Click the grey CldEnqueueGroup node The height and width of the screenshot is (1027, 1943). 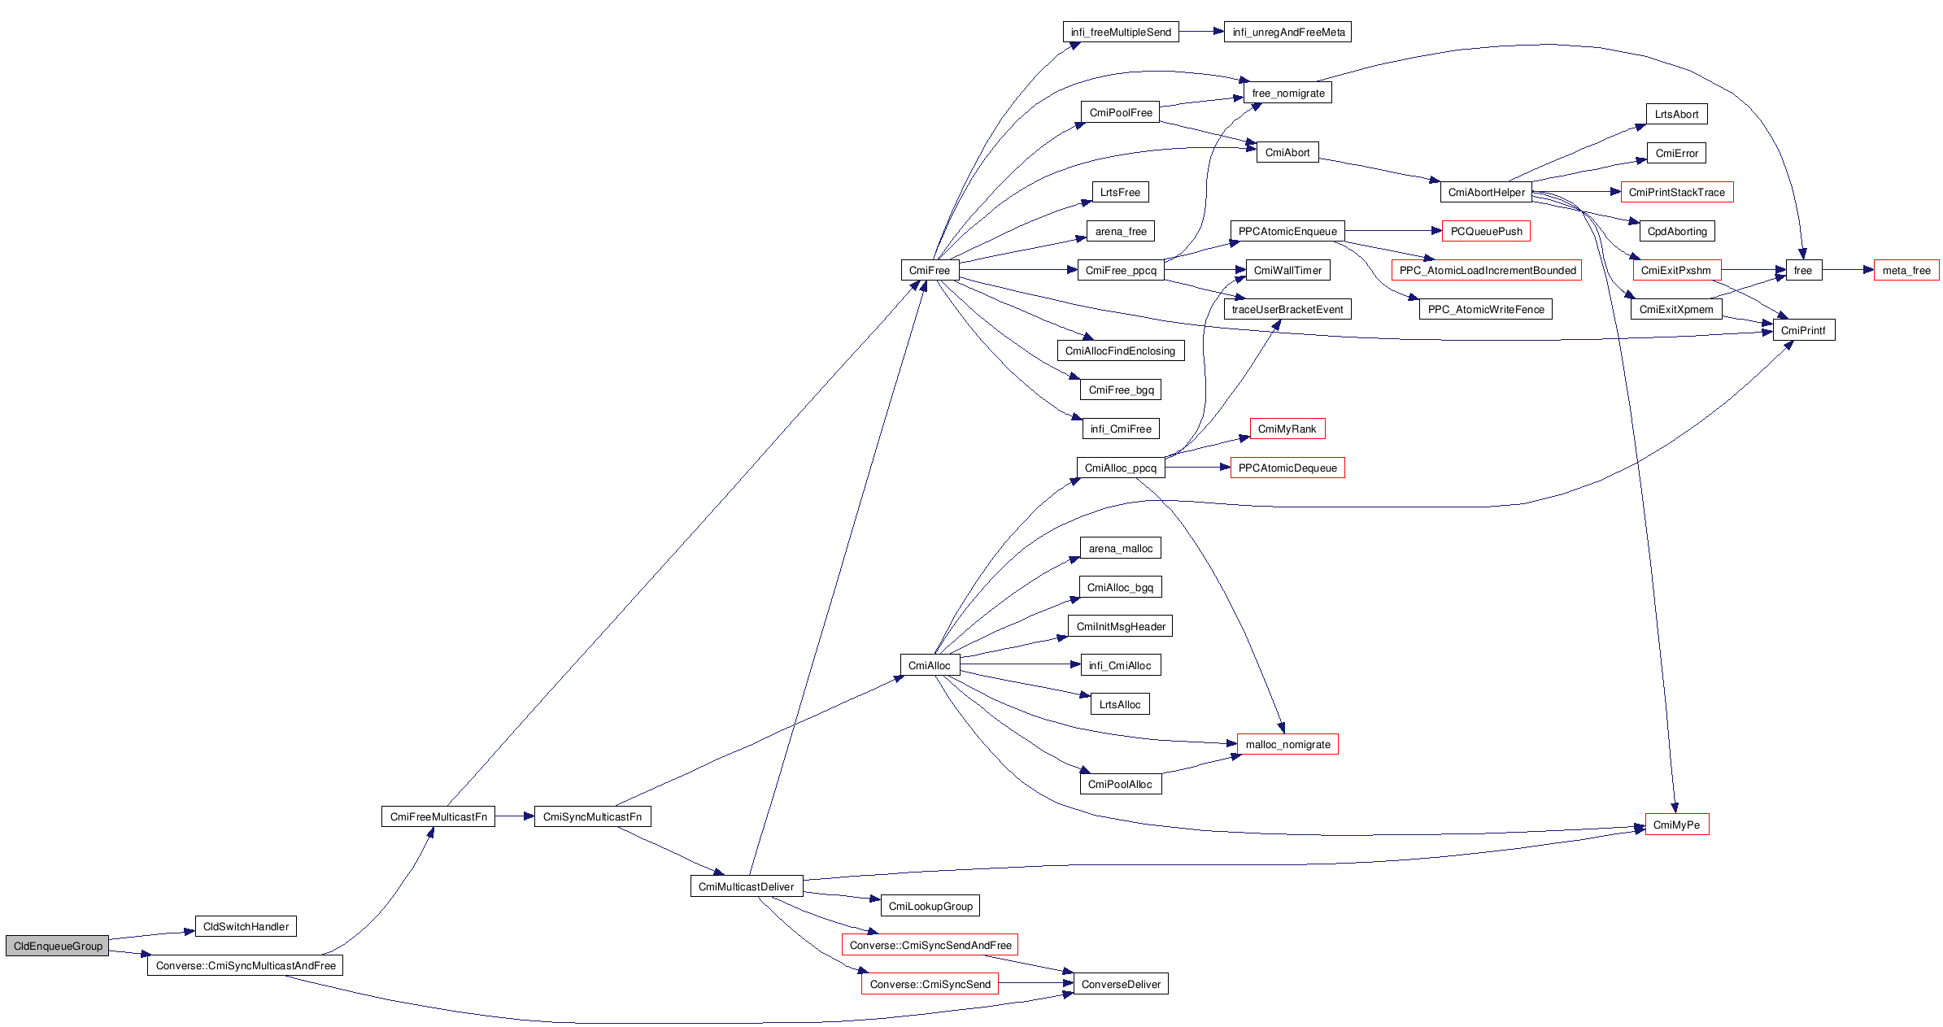coord(57,946)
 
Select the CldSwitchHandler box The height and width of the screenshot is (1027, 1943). coord(246,926)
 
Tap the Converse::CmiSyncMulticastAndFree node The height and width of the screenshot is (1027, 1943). coord(246,965)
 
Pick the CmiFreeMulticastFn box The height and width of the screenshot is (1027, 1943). coord(438,816)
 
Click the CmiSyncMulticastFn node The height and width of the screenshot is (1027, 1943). coord(592,816)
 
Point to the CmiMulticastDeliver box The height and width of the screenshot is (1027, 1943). coord(746,886)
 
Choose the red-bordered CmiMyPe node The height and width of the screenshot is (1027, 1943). coord(1676,825)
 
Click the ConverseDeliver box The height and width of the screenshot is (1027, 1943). coord(1121,984)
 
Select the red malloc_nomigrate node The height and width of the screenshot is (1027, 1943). coord(1287,744)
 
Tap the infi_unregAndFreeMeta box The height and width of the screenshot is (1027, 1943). coord(1288,32)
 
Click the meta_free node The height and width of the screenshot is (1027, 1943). coord(1906,270)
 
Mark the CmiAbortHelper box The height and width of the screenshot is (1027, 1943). coord(1486,192)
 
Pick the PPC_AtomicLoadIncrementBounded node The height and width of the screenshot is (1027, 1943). coord(1487,270)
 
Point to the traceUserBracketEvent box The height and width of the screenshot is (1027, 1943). coord(1287,309)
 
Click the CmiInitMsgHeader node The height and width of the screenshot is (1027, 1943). coord(1120,626)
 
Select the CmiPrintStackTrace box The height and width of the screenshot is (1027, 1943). coord(1676,192)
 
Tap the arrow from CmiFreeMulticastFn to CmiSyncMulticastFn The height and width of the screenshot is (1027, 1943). coord(514,816)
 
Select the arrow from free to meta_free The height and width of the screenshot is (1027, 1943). coord(1848,270)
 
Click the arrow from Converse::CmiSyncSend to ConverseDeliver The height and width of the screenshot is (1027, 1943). coord(1035,984)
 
